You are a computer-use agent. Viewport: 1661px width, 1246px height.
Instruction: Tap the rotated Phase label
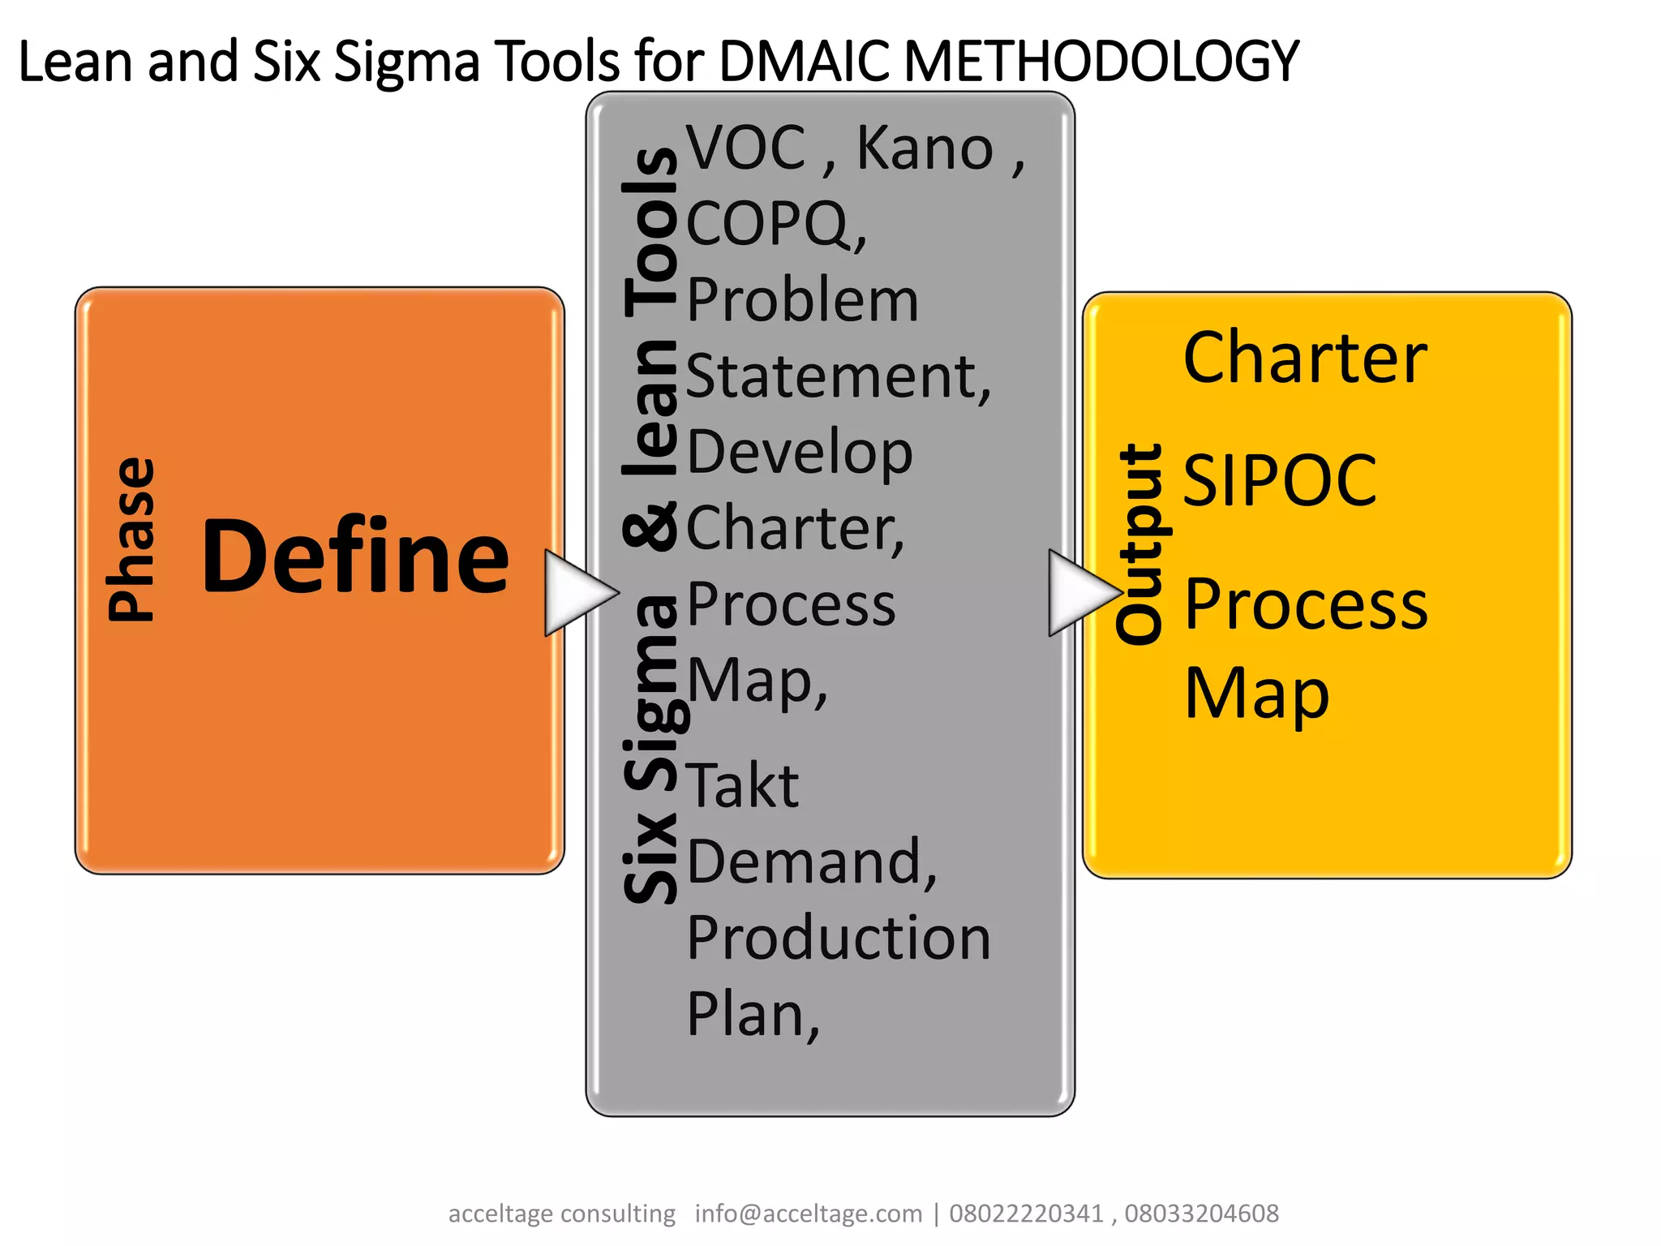pos(131,539)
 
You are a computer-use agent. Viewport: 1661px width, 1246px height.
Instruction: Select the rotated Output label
pos(1140,544)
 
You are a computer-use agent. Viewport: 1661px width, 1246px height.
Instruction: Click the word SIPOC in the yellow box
pos(1279,480)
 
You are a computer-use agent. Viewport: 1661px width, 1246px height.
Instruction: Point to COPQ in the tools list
pos(770,225)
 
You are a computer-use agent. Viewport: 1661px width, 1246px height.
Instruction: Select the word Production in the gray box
pos(839,938)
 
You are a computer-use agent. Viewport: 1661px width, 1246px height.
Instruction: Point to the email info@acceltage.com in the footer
pos(809,1214)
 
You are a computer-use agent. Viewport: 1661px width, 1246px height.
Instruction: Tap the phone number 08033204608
pos(1201,1214)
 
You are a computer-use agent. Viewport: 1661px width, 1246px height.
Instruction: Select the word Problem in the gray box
pos(803,300)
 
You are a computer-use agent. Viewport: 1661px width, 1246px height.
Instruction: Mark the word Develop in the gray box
pos(800,453)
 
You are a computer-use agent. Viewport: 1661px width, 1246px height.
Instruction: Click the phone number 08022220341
pos(1026,1214)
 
